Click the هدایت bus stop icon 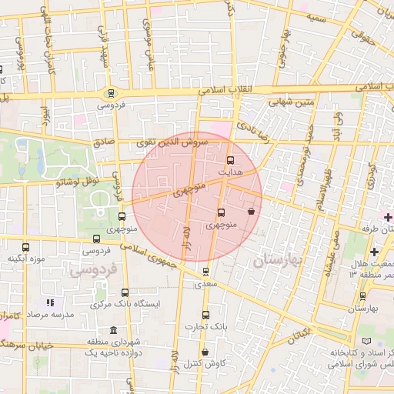coord(230,161)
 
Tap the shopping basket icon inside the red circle coord(252,210)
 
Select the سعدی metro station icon coord(205,271)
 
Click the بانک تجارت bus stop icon coord(205,314)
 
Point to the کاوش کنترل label coord(204,362)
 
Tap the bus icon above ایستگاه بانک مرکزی coord(125,292)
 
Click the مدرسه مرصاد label coord(51,315)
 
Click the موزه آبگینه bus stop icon coord(26,248)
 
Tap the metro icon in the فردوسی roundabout coord(112,92)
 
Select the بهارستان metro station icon coord(362,295)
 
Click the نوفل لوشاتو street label coord(76,181)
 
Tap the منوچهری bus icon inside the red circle coord(222,212)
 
